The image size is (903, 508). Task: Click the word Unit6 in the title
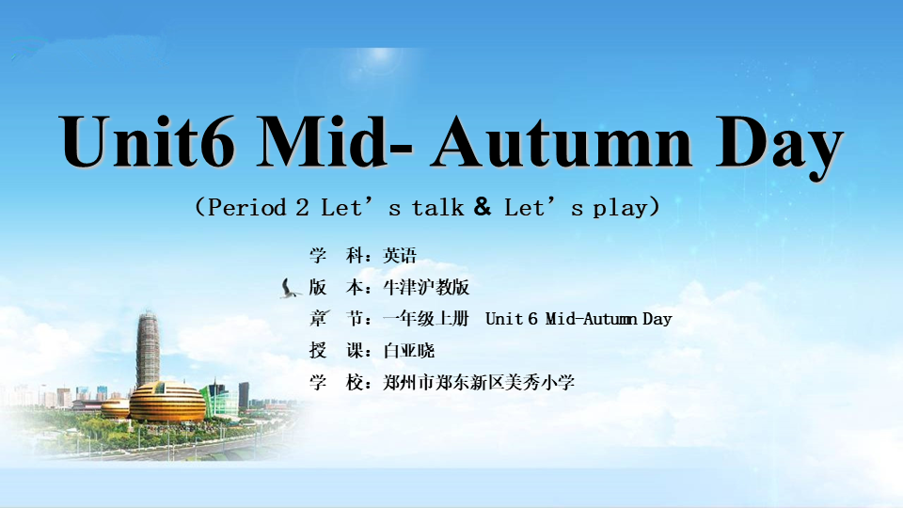coord(147,141)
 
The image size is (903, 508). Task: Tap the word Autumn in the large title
coord(562,141)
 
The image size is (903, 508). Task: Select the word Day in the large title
coord(779,147)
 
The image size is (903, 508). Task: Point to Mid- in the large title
coord(335,141)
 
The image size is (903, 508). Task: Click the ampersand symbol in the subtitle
coord(483,206)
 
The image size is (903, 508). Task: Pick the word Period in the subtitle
coord(246,207)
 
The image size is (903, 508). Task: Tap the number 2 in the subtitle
coord(302,207)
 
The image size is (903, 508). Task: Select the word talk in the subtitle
coord(437,207)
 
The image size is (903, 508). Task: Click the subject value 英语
coord(400,255)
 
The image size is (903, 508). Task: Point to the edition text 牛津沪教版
coord(426,287)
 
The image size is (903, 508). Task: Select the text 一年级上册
coord(426,319)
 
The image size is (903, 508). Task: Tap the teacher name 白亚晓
coord(409,350)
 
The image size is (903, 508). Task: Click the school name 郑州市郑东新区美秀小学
coord(479,382)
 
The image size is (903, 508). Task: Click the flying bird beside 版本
coord(290,289)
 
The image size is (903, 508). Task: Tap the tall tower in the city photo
coord(148,348)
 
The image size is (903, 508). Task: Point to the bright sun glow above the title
coord(380,56)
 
